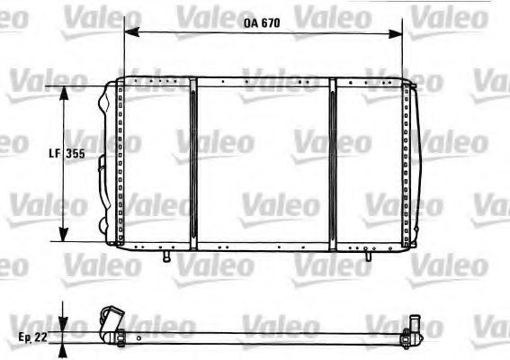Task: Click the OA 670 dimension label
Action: [x=262, y=23]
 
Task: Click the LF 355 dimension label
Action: [x=67, y=153]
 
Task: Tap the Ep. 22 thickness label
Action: [x=32, y=337]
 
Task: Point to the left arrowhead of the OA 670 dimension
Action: [x=132, y=31]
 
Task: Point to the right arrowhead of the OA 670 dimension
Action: [x=395, y=33]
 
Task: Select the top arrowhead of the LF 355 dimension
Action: [x=64, y=94]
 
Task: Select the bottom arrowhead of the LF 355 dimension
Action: [x=64, y=235]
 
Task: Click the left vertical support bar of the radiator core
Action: [x=193, y=165]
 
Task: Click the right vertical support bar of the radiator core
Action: [x=333, y=165]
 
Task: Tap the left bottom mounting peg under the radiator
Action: [x=167, y=256]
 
